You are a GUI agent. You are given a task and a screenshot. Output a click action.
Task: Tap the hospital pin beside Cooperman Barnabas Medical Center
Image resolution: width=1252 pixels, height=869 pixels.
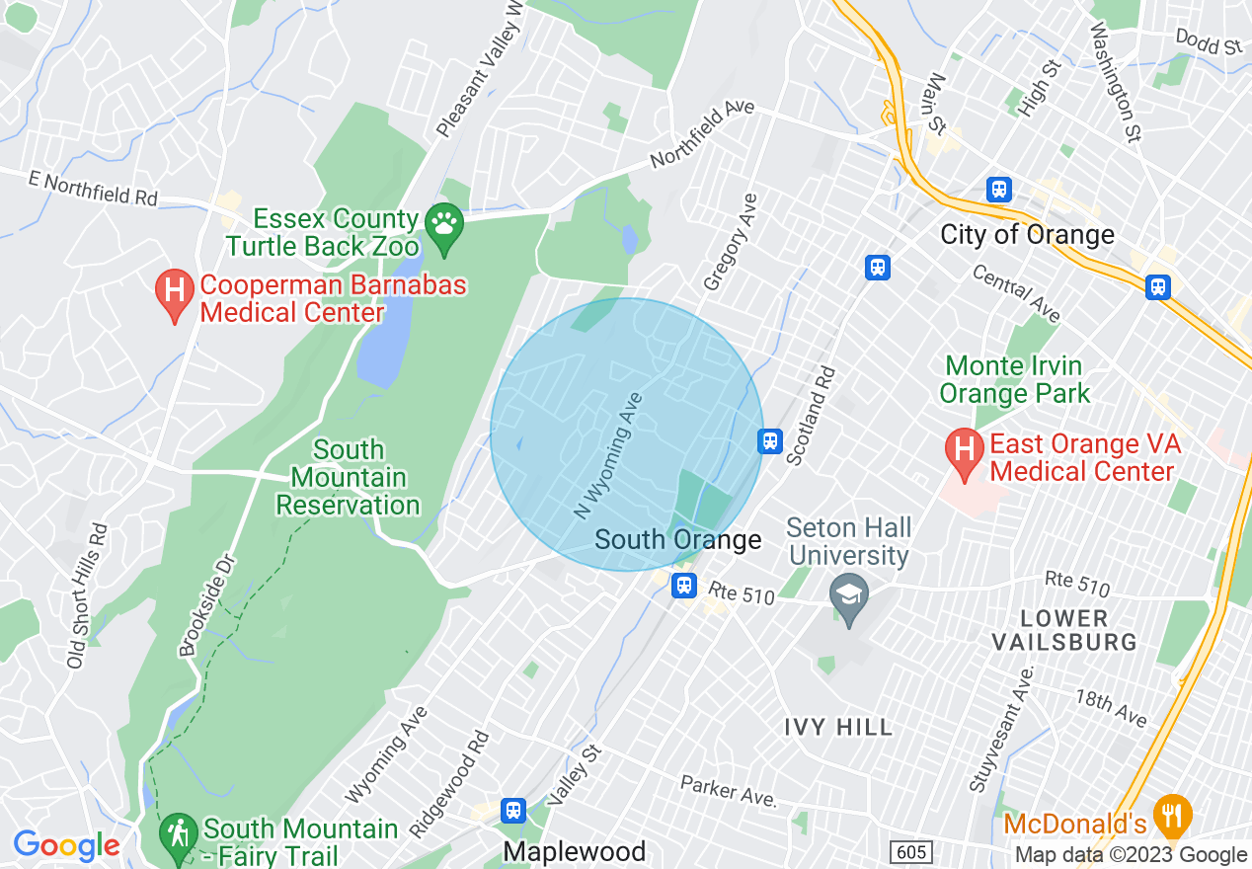click(175, 293)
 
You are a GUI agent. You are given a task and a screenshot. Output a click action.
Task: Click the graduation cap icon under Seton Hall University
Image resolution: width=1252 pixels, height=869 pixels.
click(849, 593)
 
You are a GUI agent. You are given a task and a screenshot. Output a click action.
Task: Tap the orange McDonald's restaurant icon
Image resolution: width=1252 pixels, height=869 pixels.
click(1173, 814)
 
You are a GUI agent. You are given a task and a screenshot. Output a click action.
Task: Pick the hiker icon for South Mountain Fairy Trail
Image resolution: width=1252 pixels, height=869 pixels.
click(178, 831)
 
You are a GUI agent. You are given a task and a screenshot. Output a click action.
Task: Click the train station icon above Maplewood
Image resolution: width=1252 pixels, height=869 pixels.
click(512, 811)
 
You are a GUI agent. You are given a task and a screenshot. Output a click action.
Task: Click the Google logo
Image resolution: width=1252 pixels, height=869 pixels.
click(66, 845)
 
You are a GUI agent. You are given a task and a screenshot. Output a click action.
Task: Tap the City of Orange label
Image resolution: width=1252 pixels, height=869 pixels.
click(1027, 234)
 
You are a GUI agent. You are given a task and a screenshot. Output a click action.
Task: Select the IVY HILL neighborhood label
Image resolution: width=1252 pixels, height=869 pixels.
click(838, 728)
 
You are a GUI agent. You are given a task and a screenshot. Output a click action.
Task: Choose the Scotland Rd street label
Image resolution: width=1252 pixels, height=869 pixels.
click(812, 416)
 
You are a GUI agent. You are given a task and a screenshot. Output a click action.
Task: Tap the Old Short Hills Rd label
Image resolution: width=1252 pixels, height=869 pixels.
click(86, 595)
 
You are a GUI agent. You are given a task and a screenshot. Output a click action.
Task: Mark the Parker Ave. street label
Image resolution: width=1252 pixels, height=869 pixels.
click(726, 791)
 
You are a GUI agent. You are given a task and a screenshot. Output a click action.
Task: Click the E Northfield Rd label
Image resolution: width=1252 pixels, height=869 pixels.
click(94, 188)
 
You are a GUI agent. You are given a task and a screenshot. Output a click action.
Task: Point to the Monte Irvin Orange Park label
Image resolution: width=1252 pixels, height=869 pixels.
click(1014, 379)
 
